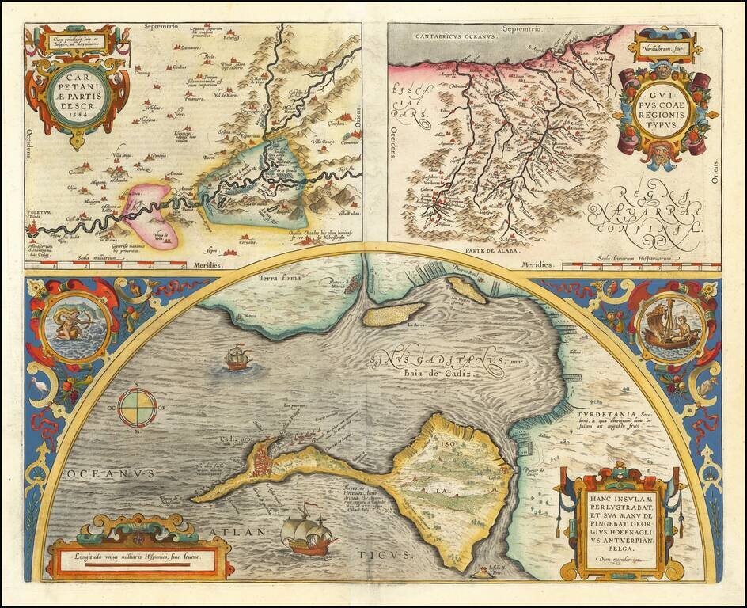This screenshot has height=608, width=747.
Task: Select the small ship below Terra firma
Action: tap(237, 359)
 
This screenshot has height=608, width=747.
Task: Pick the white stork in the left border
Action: tap(39, 386)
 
